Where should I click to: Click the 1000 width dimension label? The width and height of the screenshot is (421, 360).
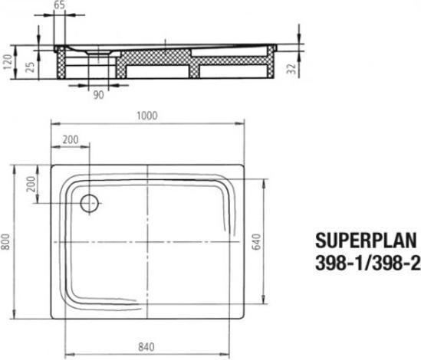[x=147, y=116]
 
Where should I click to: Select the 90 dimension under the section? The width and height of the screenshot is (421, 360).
[x=98, y=97]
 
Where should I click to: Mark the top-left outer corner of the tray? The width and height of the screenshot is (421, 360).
[x=51, y=163]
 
